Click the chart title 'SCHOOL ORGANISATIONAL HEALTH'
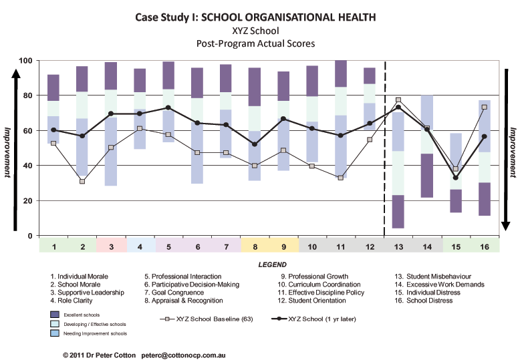click(x=288, y=17)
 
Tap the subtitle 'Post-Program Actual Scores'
click(x=255, y=43)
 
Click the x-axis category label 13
click(x=398, y=247)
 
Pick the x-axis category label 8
click(x=255, y=247)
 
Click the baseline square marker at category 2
click(x=82, y=182)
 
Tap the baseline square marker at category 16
click(x=485, y=108)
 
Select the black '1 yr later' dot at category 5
click(x=168, y=108)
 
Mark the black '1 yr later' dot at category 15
click(x=456, y=178)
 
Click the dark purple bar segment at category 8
click(x=255, y=87)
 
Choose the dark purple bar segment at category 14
click(x=427, y=176)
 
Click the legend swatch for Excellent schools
click(x=55, y=315)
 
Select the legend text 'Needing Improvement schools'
click(x=95, y=333)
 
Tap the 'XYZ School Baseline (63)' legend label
click(x=215, y=319)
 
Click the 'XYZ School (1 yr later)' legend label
click(x=322, y=319)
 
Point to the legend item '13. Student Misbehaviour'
click(x=432, y=277)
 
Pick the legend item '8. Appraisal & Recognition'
click(x=184, y=301)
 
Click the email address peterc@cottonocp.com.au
click(x=183, y=355)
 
